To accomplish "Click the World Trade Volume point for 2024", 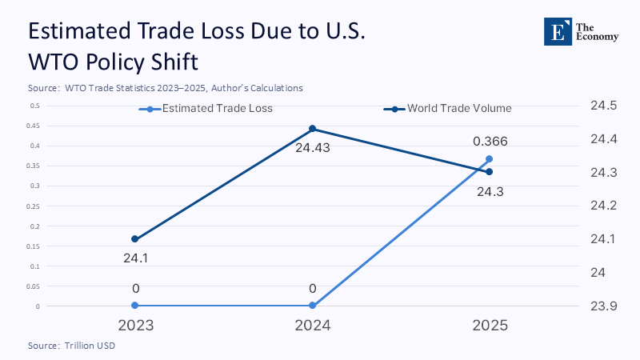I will tap(312, 129).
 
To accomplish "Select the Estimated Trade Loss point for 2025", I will tap(490, 158).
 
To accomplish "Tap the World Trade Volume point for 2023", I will tap(134, 239).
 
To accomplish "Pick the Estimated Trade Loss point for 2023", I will tap(134, 306).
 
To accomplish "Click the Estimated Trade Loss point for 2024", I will tap(312, 306).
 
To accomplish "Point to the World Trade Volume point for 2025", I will tap(490, 172).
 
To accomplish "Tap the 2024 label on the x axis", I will tap(312, 326).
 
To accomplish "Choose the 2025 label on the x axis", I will tap(490, 326).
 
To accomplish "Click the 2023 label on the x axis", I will tap(134, 326).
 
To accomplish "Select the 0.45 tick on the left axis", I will tap(34, 126).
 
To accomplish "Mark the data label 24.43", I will tap(313, 147).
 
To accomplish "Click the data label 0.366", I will tap(490, 142).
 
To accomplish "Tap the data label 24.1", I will tap(134, 258).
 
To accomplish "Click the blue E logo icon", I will tap(556, 30).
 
